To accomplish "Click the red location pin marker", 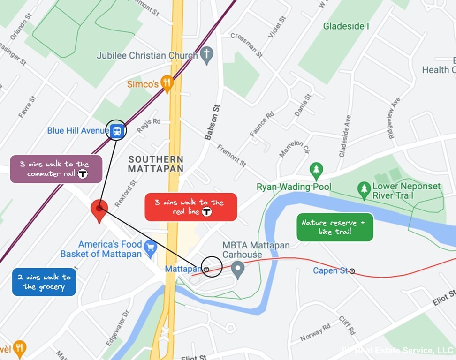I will (99, 210).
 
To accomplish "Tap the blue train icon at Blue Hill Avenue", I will (116, 130).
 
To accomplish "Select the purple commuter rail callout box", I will (56, 169).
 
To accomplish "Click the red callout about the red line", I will (191, 207).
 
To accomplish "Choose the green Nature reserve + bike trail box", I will (335, 227).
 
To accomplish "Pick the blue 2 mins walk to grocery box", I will (44, 282).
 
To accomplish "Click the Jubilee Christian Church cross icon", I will (206, 55).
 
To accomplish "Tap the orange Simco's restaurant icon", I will (167, 84).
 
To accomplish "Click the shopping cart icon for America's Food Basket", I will (150, 248).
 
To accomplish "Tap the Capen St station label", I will (331, 270).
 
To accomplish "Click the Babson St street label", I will (213, 122).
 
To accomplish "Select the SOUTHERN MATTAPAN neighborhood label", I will (156, 164).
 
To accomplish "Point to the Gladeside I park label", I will (346, 26).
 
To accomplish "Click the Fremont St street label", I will (232, 156).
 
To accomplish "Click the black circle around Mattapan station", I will (212, 266).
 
